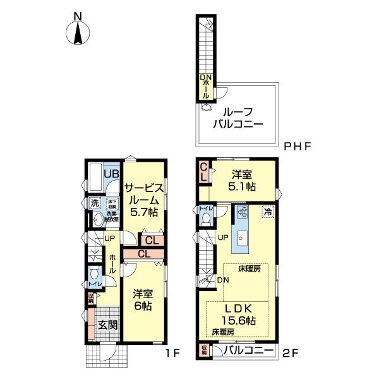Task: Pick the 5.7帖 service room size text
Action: click(x=144, y=213)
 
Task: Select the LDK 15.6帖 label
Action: click(x=239, y=315)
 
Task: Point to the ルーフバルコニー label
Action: click(x=237, y=115)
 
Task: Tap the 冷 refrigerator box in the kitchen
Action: click(x=268, y=212)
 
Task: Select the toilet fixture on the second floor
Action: click(x=206, y=218)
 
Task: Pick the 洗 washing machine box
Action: click(x=94, y=203)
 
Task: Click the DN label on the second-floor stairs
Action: click(x=222, y=280)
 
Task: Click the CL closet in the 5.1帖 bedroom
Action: click(x=204, y=172)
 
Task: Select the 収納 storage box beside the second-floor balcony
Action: click(x=204, y=350)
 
